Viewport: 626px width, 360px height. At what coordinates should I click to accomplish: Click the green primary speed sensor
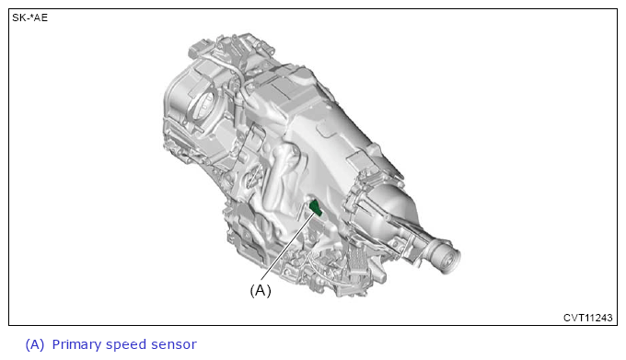point(316,207)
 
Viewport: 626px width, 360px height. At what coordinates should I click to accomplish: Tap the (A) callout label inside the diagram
point(261,290)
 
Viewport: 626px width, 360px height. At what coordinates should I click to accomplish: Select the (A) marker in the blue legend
point(35,344)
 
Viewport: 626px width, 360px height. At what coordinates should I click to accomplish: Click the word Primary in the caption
point(76,345)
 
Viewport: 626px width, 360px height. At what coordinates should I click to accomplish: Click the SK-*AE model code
point(30,18)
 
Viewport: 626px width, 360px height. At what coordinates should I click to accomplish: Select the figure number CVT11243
point(587,318)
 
